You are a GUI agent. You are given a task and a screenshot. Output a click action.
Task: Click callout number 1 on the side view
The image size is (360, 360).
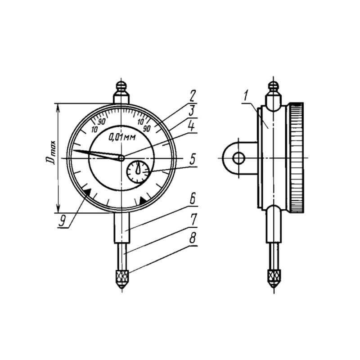tap(246, 96)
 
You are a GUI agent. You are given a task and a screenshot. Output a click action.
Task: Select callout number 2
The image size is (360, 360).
tap(192, 96)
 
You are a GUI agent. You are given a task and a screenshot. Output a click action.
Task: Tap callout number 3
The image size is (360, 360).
tap(192, 111)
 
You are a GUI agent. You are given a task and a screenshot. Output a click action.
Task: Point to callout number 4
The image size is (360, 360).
tap(192, 126)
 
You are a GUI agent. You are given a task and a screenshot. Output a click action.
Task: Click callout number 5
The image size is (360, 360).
tap(193, 159)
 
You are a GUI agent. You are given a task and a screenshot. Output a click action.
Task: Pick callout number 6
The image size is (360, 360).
tap(193, 199)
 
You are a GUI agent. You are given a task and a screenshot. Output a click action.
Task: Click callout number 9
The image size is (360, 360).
tap(62, 221)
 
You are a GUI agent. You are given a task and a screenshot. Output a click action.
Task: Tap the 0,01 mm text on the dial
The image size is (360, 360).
tap(122, 137)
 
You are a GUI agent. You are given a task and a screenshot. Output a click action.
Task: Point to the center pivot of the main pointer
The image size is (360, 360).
tap(121, 158)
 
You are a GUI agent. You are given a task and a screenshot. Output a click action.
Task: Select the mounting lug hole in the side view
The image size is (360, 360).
tap(239, 158)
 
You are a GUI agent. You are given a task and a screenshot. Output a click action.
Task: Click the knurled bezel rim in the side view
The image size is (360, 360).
tap(297, 158)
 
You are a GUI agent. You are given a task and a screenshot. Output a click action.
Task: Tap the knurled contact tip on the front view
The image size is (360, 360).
tap(122, 279)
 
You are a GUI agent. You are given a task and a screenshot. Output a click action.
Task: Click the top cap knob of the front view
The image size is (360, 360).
tap(121, 87)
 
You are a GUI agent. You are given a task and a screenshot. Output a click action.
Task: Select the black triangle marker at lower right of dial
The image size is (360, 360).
tap(143, 200)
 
